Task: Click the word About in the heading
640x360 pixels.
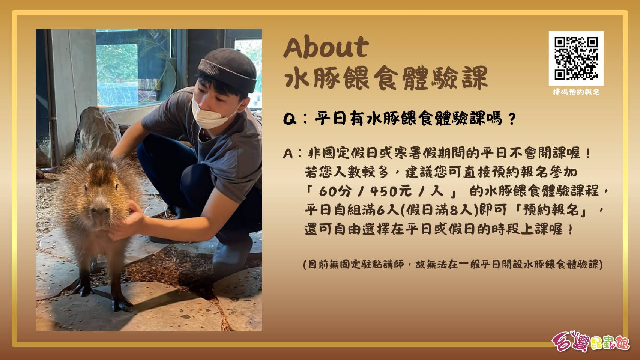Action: tap(326, 47)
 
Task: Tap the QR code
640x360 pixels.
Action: tap(576, 58)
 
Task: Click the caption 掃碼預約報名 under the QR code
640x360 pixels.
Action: tap(576, 92)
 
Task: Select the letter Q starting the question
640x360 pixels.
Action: tap(290, 119)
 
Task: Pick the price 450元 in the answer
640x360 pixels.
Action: tap(391, 191)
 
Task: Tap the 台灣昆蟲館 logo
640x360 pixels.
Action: tap(590, 341)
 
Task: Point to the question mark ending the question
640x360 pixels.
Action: tap(512, 119)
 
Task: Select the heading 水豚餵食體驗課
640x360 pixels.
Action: tap(386, 78)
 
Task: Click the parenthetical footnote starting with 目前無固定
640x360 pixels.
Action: tap(453, 264)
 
